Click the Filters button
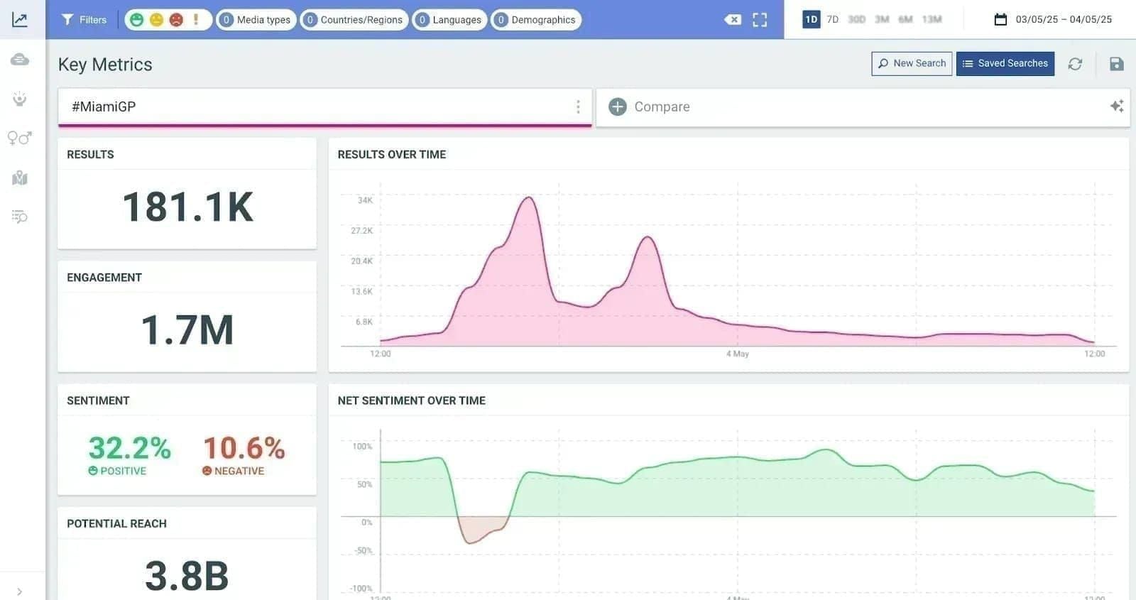(84, 20)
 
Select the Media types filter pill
(256, 20)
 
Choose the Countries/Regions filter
(354, 20)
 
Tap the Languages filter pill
(449, 20)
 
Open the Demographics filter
(535, 20)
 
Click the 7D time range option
(833, 19)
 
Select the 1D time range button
(811, 19)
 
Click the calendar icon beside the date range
(1000, 19)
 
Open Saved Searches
(1005, 63)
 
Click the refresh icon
(1075, 64)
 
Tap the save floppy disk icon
(1116, 64)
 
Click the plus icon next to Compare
(618, 107)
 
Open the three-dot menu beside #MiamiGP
(578, 107)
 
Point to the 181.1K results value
(187, 207)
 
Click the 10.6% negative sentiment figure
(244, 448)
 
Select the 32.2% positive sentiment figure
(129, 448)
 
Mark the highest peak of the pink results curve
(528, 197)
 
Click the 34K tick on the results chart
(365, 200)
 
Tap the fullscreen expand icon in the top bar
(760, 20)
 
